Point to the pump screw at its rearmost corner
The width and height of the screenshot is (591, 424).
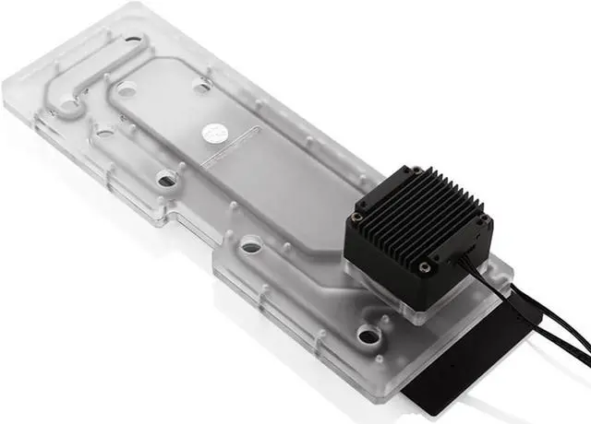point(416,171)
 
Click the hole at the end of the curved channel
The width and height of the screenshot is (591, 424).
point(69,107)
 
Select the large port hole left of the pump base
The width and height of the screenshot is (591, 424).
point(249,247)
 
